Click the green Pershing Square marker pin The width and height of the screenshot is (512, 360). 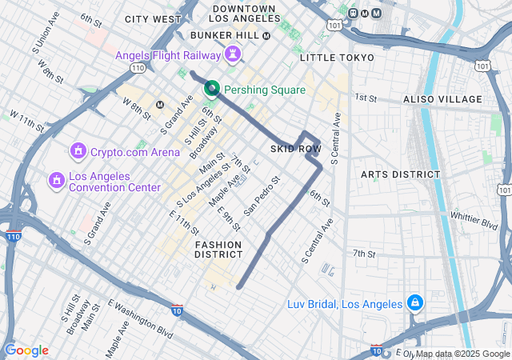[212, 89]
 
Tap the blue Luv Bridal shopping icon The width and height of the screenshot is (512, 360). [414, 304]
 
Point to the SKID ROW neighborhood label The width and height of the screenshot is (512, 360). [295, 150]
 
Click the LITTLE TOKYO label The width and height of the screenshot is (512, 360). [337, 58]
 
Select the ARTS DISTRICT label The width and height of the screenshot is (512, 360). [400, 174]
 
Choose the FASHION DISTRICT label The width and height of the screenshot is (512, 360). [218, 250]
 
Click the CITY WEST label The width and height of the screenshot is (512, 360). [154, 18]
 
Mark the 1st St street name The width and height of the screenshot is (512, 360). [366, 97]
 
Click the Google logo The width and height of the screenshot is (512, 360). [26, 350]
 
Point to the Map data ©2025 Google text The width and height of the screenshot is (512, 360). [462, 354]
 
